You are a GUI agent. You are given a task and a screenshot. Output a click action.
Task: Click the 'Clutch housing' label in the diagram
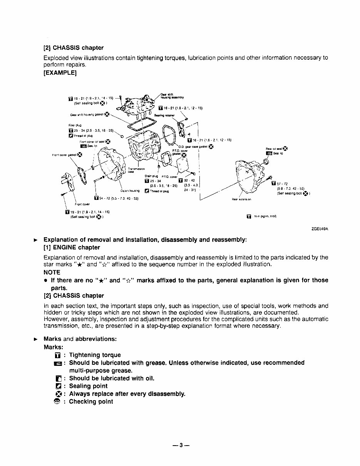127,190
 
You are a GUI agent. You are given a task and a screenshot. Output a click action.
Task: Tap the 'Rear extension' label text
241,199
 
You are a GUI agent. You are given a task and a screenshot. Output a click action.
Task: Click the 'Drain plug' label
149,176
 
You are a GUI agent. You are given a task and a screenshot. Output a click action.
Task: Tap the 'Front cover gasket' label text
64,155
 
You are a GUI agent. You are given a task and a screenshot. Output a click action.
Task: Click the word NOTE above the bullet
52,272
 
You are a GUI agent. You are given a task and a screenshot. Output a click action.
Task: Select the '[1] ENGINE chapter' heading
72,247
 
